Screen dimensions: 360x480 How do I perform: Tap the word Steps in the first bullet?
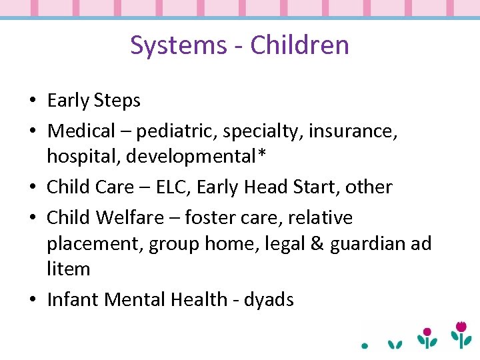click(x=117, y=101)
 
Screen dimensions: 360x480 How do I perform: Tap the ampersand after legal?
click(x=298, y=243)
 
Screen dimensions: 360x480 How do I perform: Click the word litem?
click(x=68, y=269)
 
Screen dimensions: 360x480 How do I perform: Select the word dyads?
click(x=269, y=300)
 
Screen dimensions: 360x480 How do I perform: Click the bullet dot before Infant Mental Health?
click(x=33, y=300)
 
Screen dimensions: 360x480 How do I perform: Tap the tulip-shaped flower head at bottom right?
click(x=460, y=327)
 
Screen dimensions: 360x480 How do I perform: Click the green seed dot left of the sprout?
click(x=365, y=346)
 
